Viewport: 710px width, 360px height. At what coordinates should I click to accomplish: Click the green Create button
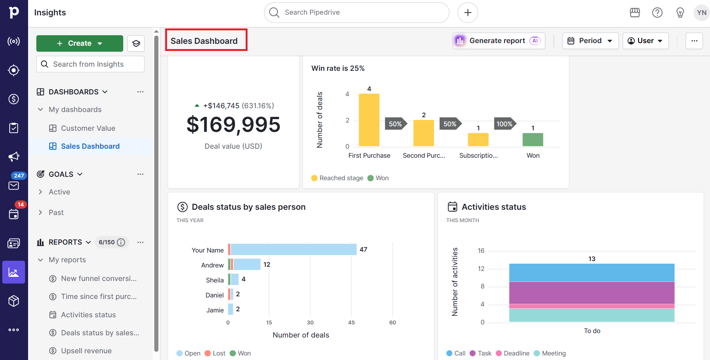[79, 43]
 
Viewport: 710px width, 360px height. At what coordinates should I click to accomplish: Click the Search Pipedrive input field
[356, 12]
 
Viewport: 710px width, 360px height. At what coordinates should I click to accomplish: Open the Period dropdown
[590, 41]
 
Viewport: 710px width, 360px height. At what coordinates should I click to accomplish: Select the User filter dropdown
[645, 41]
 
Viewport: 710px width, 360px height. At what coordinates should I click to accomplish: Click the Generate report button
[498, 41]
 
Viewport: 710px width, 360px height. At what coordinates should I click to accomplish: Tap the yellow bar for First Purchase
[369, 120]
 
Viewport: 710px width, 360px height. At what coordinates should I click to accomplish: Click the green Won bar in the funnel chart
[532, 140]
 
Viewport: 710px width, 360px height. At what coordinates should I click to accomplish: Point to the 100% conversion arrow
[504, 124]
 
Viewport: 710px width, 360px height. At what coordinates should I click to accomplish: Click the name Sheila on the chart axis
[215, 280]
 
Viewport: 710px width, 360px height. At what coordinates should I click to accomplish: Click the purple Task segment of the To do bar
[592, 293]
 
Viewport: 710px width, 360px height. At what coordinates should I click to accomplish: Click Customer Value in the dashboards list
[88, 128]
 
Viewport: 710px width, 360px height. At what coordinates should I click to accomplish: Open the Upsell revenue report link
[86, 351]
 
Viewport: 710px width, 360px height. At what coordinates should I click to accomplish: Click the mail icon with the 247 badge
[14, 185]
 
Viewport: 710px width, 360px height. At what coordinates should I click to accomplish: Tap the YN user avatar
[701, 12]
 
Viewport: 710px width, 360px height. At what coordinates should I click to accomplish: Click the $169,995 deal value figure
[233, 125]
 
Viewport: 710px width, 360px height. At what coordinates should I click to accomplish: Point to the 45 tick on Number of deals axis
[351, 323]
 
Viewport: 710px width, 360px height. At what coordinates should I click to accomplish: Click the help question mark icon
[657, 12]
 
